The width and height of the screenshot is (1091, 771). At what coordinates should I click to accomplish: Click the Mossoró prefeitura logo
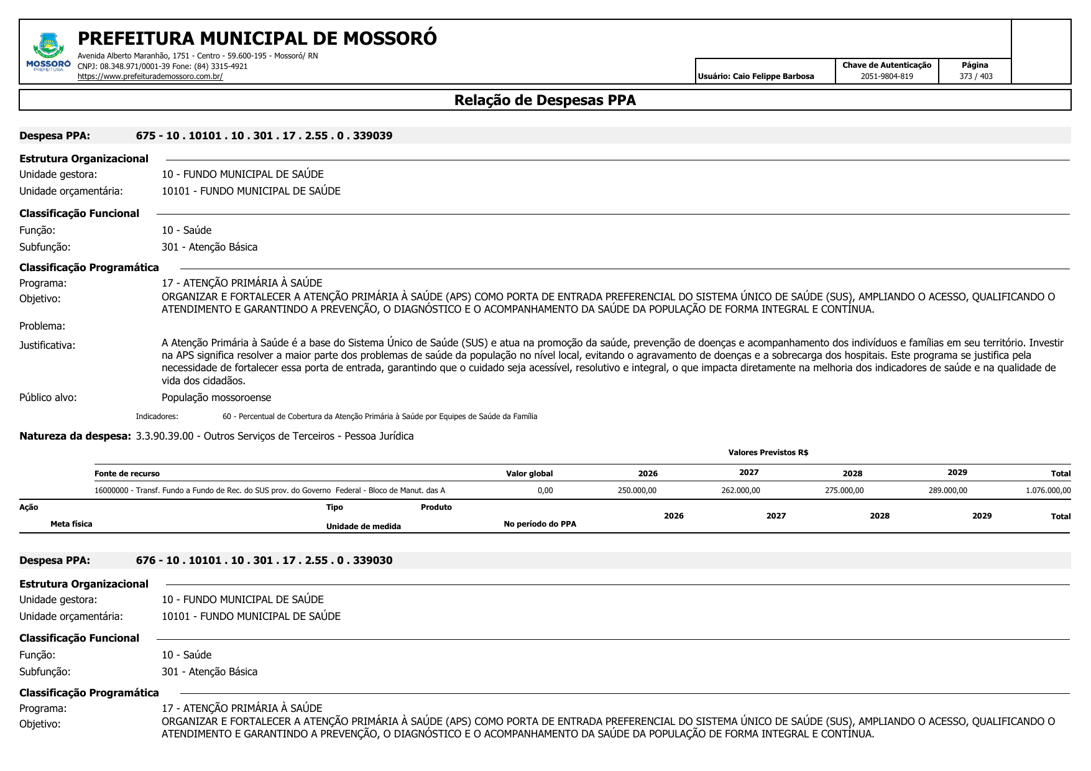(48, 52)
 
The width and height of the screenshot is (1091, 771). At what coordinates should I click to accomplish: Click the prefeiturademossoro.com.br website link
(150, 76)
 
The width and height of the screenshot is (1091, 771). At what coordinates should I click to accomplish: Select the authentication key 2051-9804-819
(886, 76)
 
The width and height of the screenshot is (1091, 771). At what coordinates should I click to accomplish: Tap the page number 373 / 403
(975, 76)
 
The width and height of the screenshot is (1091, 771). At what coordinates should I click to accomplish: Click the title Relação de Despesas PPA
(545, 100)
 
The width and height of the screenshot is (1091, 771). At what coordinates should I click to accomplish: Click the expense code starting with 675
(264, 136)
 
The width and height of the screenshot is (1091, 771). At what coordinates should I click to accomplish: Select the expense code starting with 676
(264, 560)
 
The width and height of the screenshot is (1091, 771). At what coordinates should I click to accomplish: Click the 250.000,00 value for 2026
(637, 491)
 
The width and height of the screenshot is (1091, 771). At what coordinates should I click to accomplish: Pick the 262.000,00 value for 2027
(740, 491)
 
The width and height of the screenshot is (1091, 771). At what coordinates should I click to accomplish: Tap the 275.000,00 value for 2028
(844, 491)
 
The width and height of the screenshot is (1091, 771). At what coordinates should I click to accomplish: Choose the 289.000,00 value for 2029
(947, 491)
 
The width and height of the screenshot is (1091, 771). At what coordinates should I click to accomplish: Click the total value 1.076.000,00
(1048, 491)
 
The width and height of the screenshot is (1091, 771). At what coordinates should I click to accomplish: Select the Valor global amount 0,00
(545, 491)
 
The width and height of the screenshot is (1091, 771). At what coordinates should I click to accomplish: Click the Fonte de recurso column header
(127, 474)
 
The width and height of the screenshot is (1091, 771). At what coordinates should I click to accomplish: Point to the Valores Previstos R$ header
(768, 453)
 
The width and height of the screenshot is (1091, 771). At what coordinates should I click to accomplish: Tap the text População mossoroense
(216, 397)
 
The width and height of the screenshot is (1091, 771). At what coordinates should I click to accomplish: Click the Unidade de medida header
(363, 527)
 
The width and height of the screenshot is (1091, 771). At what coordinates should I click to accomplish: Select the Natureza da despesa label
(75, 436)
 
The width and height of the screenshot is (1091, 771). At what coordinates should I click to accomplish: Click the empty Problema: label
(42, 326)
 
